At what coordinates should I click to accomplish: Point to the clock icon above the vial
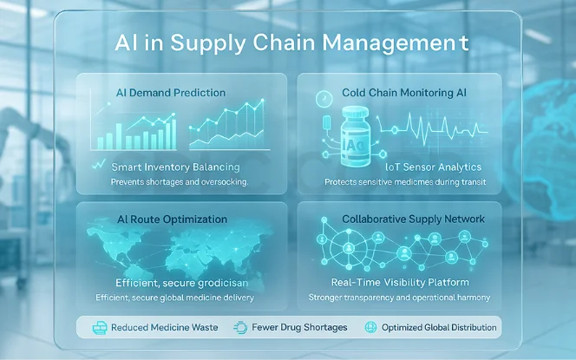pyautogui.click(x=324, y=98)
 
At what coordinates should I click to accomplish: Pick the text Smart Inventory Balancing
pyautogui.click(x=176, y=166)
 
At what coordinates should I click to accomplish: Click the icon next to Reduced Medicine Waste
pyautogui.click(x=95, y=328)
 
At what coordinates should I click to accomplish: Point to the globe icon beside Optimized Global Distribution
pyautogui.click(x=374, y=328)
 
